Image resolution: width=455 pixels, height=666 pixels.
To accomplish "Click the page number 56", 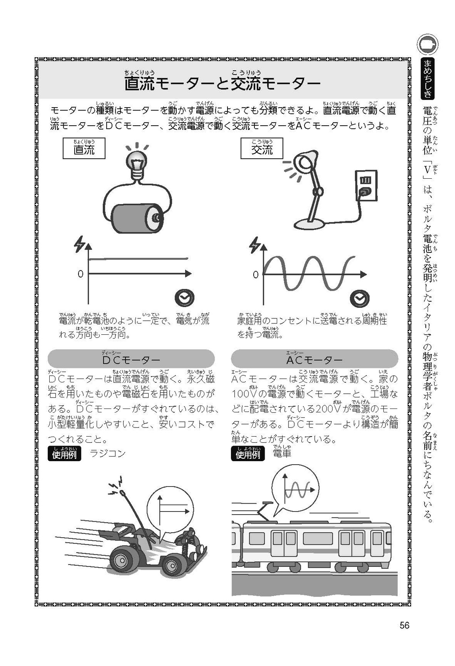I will point(404,625).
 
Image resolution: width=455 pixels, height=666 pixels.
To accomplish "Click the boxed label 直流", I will point(84,148).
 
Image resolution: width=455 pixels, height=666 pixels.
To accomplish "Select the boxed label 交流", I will point(262,148).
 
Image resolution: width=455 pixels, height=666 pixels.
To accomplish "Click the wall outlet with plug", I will point(366,186).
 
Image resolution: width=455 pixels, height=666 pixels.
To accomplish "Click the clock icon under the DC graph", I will point(184,298).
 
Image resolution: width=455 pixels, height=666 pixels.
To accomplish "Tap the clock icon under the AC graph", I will point(359,298).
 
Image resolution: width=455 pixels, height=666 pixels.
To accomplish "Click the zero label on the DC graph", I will point(80,274).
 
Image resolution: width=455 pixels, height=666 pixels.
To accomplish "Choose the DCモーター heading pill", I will point(131,358).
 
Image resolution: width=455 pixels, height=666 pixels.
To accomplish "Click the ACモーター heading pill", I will point(314,358).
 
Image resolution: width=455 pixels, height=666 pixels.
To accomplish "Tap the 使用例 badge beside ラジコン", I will point(64,454).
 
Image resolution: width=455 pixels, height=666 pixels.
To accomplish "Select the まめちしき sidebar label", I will point(428,78).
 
